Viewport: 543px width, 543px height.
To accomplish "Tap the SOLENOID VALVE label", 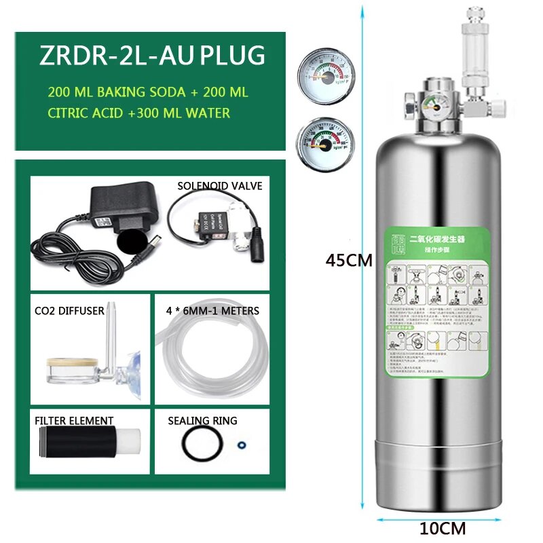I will pyautogui.click(x=219, y=185).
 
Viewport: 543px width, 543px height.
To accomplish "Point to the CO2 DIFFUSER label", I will pyautogui.click(x=69, y=311).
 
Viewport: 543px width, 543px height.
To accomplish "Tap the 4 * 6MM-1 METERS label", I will pyautogui.click(x=211, y=311).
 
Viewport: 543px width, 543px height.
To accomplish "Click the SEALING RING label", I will pyautogui.click(x=202, y=421).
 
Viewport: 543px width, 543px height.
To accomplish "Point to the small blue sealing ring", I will pyautogui.click(x=240, y=446).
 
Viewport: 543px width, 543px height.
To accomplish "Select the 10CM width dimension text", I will pyautogui.click(x=443, y=527).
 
